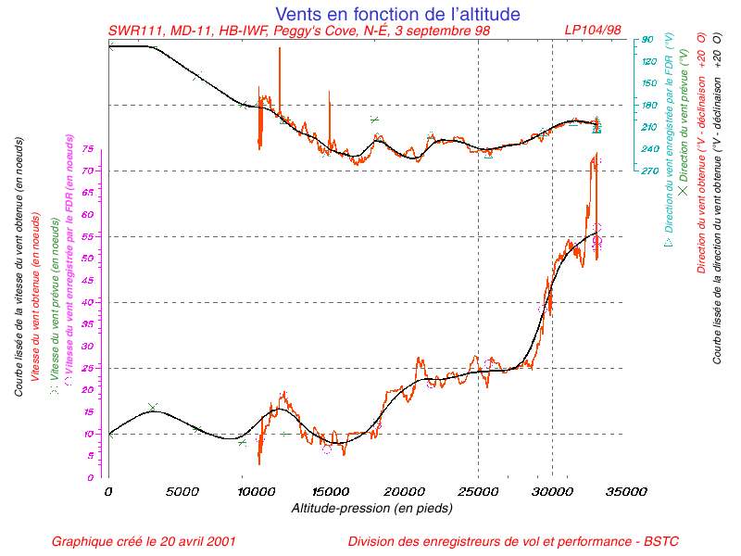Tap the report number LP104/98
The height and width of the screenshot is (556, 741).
point(593,31)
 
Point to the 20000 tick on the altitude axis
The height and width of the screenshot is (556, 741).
point(404,492)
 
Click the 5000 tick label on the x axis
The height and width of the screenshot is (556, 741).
point(182,492)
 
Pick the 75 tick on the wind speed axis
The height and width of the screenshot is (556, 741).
point(87,149)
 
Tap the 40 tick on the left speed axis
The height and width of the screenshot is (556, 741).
point(87,302)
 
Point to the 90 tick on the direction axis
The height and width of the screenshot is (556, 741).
point(647,40)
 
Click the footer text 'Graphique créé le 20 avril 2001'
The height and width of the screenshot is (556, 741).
point(144,541)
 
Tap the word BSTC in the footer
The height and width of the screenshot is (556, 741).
point(673,541)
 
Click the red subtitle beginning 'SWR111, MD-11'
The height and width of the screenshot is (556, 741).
point(299,31)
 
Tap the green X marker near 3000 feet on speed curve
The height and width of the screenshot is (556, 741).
point(153,407)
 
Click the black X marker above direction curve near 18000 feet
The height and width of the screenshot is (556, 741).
point(374,120)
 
